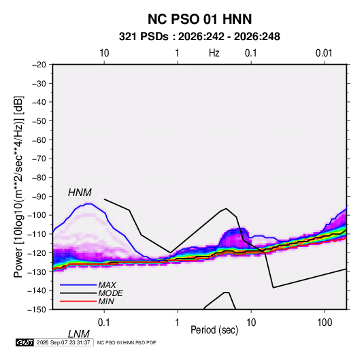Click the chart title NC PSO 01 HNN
pyautogui.click(x=199, y=19)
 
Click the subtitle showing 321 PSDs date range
pyautogui.click(x=199, y=37)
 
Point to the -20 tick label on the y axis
pyautogui.click(x=39, y=65)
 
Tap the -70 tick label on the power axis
pyautogui.click(x=39, y=159)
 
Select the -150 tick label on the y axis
pyautogui.click(x=37, y=310)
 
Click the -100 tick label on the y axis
pyautogui.click(x=37, y=215)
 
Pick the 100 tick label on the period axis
pyautogui.click(x=325, y=323)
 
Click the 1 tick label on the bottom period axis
pyautogui.click(x=178, y=323)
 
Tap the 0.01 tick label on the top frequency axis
pyautogui.click(x=324, y=53)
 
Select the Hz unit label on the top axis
pyautogui.click(x=214, y=53)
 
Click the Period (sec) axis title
pyautogui.click(x=214, y=330)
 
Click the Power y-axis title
pyautogui.click(x=18, y=187)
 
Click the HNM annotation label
pyautogui.click(x=80, y=193)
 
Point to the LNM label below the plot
pyautogui.click(x=79, y=334)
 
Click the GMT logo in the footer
pyautogui.click(x=25, y=342)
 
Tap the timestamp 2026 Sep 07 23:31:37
pyautogui.click(x=63, y=342)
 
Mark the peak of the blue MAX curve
pyautogui.click(x=88, y=203)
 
